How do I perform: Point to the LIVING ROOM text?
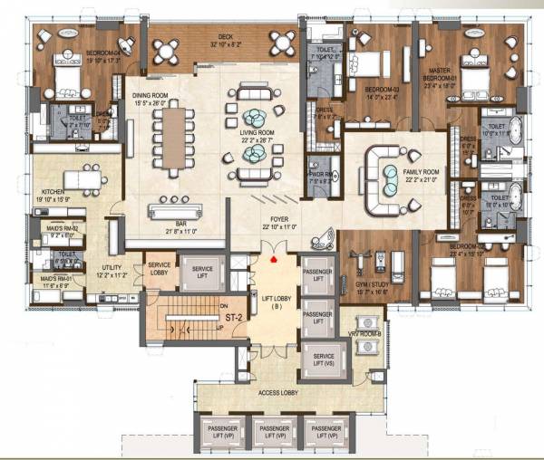point(256,137)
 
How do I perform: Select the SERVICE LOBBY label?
point(160,269)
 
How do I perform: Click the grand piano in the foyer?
point(318,241)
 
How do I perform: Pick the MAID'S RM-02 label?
point(56,230)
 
